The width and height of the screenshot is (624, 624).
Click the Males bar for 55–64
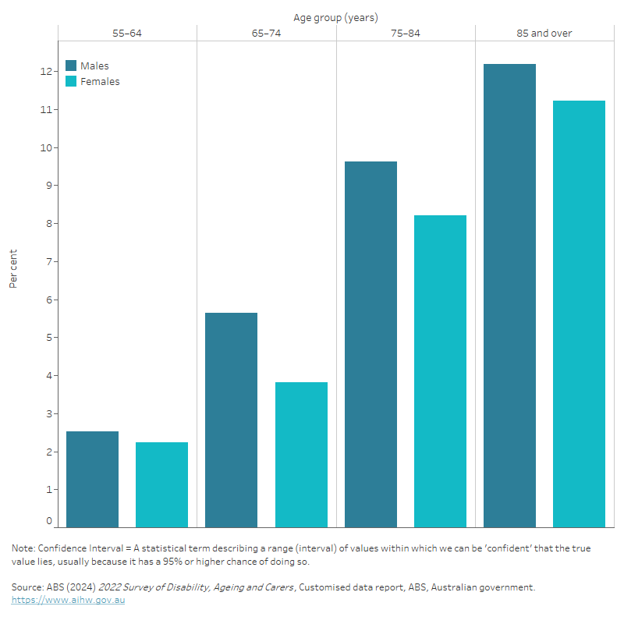93,480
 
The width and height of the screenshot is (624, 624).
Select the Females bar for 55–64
161,485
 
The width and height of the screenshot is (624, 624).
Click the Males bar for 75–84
370,344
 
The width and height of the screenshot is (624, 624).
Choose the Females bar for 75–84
440,371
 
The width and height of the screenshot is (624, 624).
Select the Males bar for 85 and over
509,296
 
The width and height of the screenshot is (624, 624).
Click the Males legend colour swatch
71,66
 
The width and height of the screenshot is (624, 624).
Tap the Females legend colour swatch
71,81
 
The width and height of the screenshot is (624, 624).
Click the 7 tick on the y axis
48,262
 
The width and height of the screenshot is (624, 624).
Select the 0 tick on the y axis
48,521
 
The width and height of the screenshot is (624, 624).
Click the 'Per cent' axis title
13,269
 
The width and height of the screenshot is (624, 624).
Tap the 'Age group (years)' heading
335,17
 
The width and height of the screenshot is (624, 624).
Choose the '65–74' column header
266,34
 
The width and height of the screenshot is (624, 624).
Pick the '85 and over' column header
544,34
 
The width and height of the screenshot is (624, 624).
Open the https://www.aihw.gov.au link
68,600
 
